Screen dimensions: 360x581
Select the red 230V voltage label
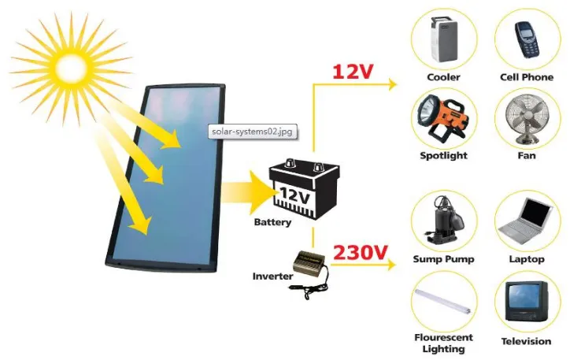[361, 253]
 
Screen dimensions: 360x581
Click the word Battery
[272, 222]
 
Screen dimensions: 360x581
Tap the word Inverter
[272, 276]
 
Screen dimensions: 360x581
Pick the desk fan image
[527, 120]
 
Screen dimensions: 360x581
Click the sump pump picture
[443, 221]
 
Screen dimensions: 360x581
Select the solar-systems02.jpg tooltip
[253, 132]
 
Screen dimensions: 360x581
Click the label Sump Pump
[442, 259]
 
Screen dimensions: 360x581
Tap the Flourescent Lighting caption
[443, 342]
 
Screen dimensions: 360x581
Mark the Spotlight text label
[443, 156]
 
